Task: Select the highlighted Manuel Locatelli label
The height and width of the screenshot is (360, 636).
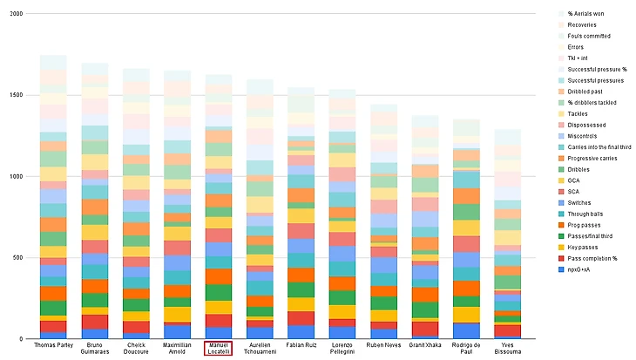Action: point(218,349)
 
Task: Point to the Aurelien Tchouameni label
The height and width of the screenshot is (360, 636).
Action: point(260,349)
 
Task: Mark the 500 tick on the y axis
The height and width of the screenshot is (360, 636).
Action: point(17,257)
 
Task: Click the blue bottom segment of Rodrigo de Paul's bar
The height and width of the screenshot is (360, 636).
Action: point(466,330)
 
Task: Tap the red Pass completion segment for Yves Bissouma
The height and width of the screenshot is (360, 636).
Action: point(508,330)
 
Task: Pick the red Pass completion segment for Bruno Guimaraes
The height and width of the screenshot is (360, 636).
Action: point(94,322)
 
